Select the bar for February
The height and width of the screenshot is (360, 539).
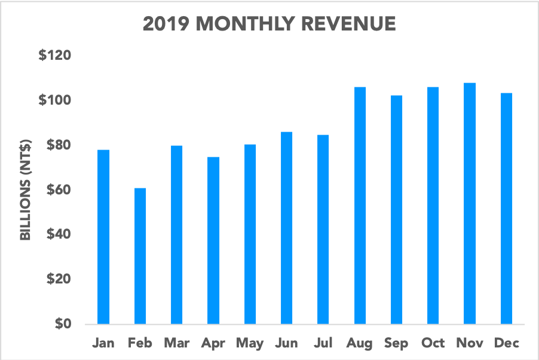(140, 256)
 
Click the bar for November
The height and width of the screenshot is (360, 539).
(470, 203)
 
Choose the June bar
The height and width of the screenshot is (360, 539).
(287, 228)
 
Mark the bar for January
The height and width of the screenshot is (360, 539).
(103, 237)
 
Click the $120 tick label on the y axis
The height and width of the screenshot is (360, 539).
(55, 56)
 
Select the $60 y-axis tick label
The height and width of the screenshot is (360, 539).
(58, 190)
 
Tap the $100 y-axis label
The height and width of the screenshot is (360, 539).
(55, 100)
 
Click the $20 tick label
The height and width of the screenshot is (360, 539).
(58, 279)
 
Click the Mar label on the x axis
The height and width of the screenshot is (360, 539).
(176, 343)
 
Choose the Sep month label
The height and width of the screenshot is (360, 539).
(396, 343)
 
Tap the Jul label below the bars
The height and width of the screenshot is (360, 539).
(323, 343)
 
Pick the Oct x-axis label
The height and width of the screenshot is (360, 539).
(433, 343)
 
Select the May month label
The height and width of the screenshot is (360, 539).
(250, 344)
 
